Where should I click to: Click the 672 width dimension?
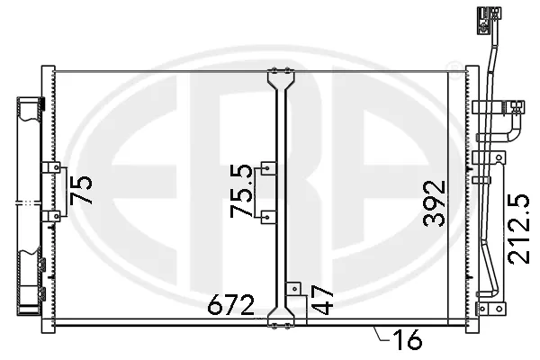point(231,304)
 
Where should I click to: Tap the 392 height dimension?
point(434,203)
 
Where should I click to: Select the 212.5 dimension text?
point(518,229)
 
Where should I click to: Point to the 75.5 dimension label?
point(241,191)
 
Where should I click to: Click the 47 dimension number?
point(322,300)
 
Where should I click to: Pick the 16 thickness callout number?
point(408,339)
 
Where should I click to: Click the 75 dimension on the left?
point(81,190)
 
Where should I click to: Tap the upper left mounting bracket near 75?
point(51,167)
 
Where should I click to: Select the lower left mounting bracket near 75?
point(51,216)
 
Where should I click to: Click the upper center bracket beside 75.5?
point(268,168)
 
